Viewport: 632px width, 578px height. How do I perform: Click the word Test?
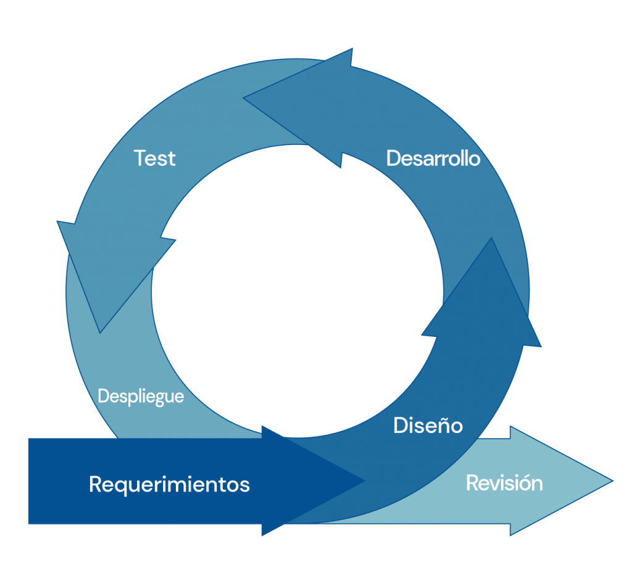click(x=155, y=159)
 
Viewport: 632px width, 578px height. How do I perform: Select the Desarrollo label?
click(x=433, y=159)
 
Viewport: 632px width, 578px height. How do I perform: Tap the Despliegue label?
click(x=141, y=396)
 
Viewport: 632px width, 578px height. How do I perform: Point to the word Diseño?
click(x=428, y=425)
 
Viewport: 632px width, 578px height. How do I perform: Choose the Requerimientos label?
click(x=169, y=484)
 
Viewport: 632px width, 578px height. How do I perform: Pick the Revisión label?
click(x=504, y=482)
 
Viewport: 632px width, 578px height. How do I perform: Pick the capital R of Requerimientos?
click(x=96, y=484)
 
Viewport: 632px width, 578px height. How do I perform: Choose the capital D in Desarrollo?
click(x=393, y=159)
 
